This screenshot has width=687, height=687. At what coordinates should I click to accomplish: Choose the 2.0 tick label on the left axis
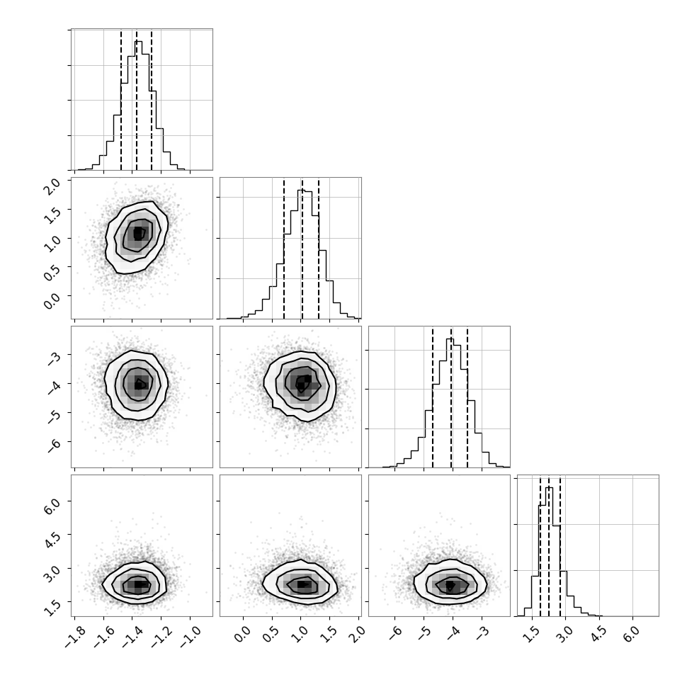(x=53, y=186)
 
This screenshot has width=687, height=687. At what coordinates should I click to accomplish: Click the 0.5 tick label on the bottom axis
(x=271, y=634)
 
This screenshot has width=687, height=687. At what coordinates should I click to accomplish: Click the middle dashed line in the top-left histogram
(x=136, y=100)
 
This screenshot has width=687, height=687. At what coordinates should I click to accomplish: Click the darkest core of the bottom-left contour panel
(x=139, y=584)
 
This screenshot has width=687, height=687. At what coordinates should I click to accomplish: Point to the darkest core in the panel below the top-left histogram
(x=138, y=234)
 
